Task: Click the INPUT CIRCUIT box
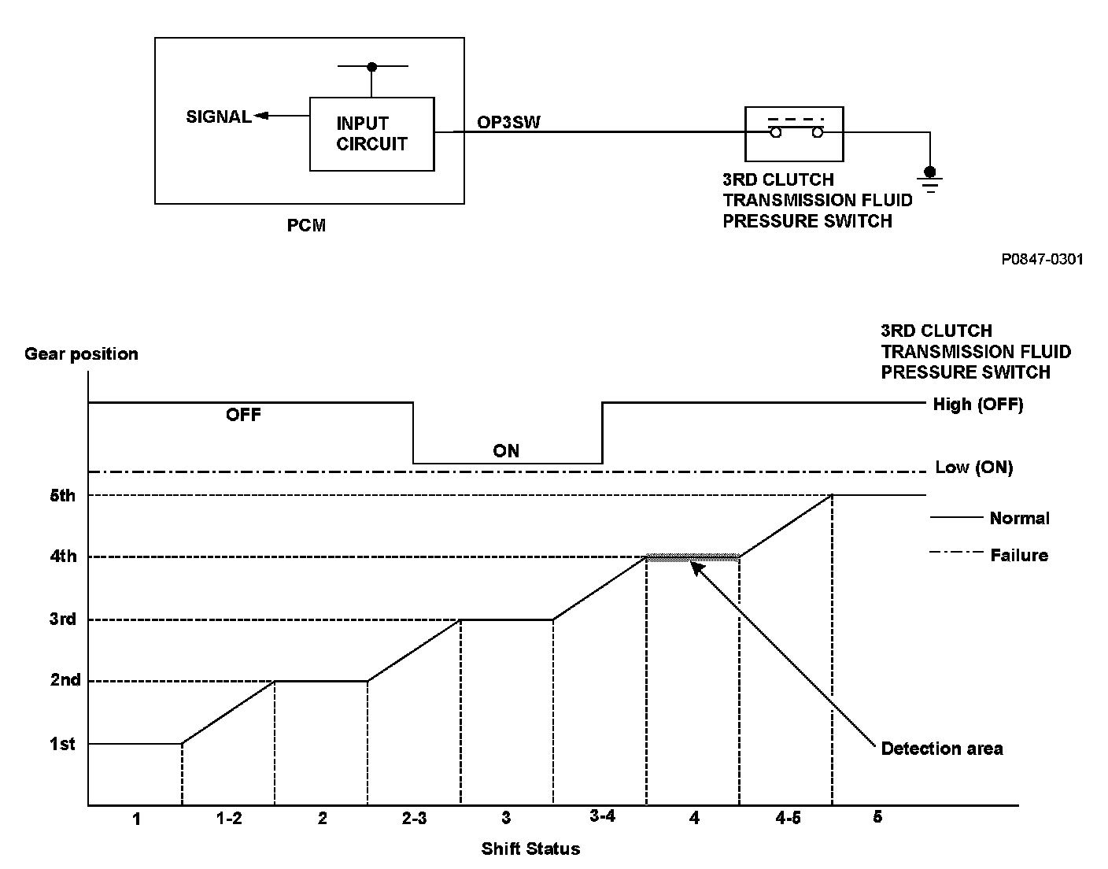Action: pos(371,134)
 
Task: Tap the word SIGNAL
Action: pos(218,116)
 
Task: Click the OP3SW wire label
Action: pos(508,122)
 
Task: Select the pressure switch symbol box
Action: pos(794,132)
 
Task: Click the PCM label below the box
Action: pos(306,226)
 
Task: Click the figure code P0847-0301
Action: pos(1042,259)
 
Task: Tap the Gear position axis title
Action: pos(81,353)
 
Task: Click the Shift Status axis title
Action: pos(530,849)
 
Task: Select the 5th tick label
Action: pos(62,495)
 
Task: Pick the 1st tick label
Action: pos(62,744)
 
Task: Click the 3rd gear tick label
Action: pos(62,619)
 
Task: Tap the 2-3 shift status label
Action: pos(414,819)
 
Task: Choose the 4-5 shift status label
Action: pos(788,819)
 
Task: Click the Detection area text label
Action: pos(941,749)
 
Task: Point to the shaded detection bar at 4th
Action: pos(692,557)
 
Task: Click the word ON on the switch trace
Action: pos(506,451)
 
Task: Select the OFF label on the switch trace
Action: pos(243,415)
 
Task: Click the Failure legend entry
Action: pos(1018,555)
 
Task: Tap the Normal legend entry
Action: pos(1019,518)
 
